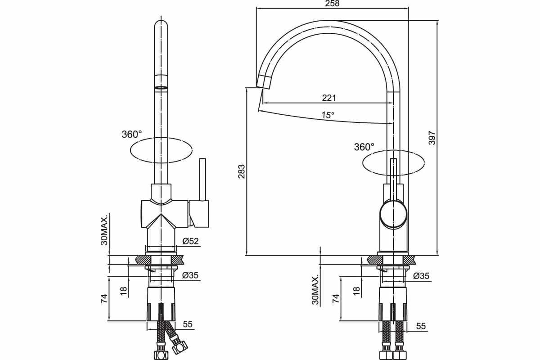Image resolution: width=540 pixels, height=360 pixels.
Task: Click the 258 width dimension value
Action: point(332,4)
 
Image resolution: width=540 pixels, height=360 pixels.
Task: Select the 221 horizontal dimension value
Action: point(329,98)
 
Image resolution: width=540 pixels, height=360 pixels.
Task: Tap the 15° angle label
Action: point(328,115)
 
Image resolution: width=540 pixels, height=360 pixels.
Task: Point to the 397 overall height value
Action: point(432,137)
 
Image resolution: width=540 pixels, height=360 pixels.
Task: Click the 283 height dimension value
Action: point(242,172)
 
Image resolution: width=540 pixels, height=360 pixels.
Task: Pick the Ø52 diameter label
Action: point(191,241)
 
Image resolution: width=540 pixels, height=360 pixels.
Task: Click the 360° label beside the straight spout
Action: point(131,134)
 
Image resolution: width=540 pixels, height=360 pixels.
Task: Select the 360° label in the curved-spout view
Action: point(364,147)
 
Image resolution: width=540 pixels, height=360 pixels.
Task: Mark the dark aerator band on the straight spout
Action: point(161,87)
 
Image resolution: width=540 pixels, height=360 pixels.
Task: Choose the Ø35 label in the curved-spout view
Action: point(421,276)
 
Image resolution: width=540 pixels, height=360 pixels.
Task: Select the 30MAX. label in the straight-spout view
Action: point(104,230)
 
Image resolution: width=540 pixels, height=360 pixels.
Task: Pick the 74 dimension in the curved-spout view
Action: point(335,298)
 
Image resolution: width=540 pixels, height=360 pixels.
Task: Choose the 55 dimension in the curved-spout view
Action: point(421,326)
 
